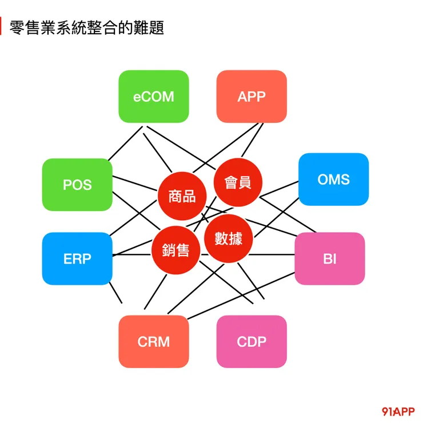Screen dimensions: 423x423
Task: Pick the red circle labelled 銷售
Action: tap(175, 250)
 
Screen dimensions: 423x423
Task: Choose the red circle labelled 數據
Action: tap(229, 238)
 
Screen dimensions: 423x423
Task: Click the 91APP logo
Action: tap(398, 412)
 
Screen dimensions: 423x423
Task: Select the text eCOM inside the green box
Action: tap(153, 96)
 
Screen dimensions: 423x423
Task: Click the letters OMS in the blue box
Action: tap(333, 179)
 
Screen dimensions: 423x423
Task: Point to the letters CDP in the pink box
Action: tap(252, 342)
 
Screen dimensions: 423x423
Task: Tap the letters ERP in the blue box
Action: tap(77, 258)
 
